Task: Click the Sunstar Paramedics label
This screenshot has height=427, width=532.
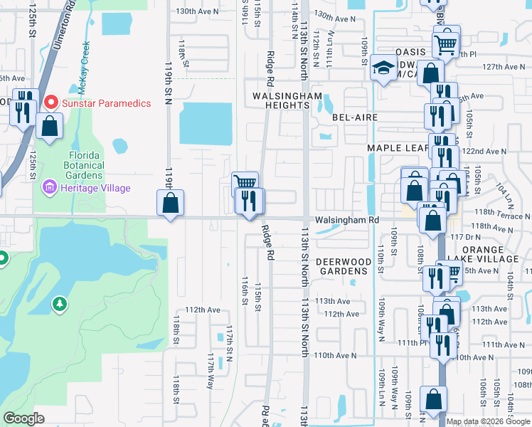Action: (106, 103)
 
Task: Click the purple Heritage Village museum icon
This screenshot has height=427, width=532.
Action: (50, 188)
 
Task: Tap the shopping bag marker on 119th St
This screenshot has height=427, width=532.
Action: (171, 204)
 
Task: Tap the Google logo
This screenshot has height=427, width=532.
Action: (23, 418)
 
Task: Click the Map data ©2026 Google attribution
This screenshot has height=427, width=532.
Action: (488, 421)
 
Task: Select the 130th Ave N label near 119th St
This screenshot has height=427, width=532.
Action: (197, 11)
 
